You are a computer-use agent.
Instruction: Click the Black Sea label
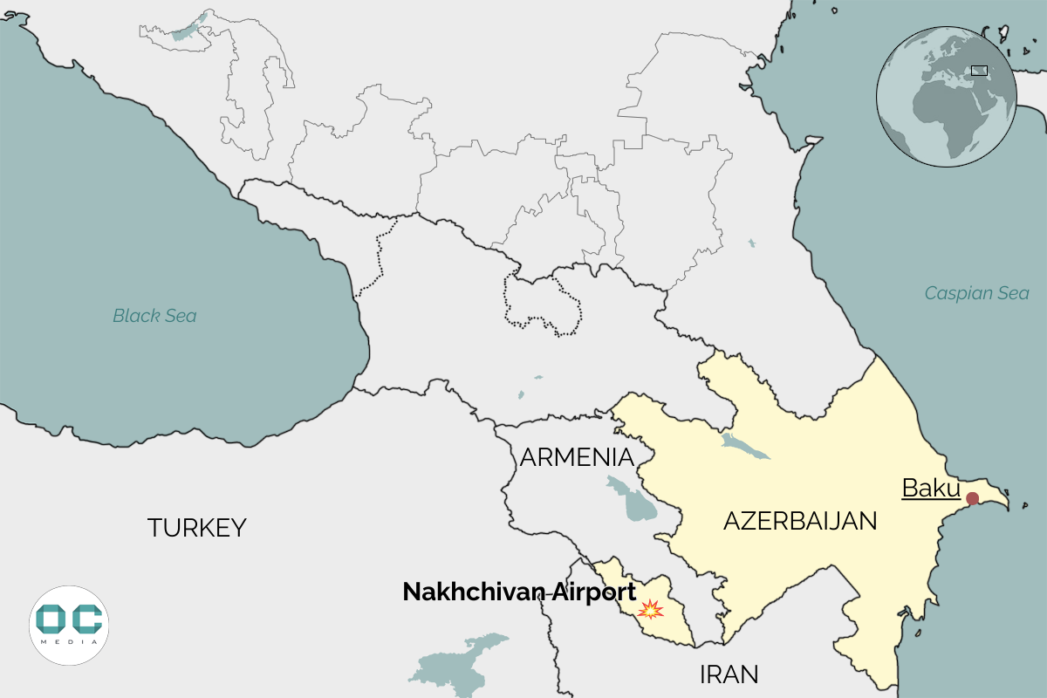click(154, 316)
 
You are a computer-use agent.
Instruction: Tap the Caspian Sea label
click(976, 293)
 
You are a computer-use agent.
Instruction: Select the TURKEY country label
click(196, 528)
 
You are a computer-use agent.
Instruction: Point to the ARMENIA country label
click(576, 457)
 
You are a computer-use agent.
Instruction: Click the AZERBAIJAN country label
click(799, 522)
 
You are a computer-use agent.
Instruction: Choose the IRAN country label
click(729, 674)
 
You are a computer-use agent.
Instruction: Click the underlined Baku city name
click(930, 489)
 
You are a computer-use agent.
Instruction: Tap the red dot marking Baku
click(973, 498)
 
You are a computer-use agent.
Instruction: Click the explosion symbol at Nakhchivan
click(650, 608)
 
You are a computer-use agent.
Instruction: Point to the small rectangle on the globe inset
click(979, 71)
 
